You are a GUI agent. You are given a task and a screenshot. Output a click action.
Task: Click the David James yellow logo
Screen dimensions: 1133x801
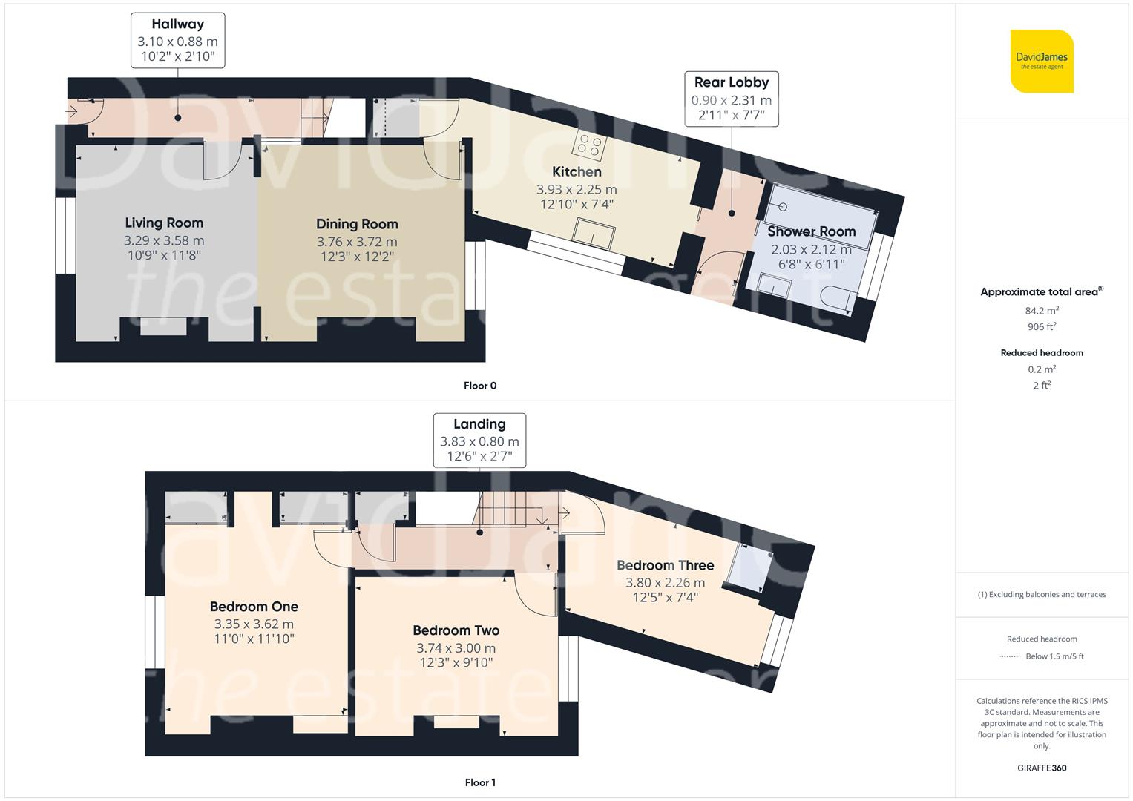1042,61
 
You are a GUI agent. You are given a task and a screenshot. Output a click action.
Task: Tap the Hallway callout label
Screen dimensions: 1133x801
178,41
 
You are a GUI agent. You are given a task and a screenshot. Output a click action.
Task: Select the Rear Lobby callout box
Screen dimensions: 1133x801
732,99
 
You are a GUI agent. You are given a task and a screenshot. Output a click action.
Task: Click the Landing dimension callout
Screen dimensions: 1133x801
479,441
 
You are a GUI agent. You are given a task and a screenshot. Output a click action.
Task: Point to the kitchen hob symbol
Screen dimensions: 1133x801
589,145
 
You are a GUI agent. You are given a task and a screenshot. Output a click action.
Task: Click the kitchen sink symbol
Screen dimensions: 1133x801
594,233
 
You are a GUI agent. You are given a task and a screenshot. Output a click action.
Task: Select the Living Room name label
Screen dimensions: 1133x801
164,222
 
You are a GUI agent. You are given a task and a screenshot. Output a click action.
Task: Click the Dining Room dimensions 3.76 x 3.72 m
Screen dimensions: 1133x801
357,242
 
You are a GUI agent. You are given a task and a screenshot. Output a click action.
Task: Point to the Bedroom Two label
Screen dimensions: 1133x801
456,630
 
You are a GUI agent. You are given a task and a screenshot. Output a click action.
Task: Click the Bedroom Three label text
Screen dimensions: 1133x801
665,565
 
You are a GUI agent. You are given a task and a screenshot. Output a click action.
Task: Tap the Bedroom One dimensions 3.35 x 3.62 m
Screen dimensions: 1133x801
254,624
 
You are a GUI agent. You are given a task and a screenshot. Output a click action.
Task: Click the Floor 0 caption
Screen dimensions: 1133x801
480,386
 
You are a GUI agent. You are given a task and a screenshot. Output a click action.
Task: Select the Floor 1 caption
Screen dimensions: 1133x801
480,782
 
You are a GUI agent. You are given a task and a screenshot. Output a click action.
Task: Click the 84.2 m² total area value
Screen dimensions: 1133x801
1042,311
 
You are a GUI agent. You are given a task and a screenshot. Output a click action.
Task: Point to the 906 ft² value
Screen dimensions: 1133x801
1042,326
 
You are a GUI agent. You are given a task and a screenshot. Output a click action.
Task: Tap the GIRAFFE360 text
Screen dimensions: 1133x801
1042,768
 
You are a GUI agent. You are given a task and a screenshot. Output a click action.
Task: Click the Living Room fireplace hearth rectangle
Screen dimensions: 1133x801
163,326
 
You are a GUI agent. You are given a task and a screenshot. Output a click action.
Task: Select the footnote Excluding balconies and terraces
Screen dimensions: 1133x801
1042,594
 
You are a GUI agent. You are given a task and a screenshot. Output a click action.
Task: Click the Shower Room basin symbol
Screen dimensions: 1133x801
774,285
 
